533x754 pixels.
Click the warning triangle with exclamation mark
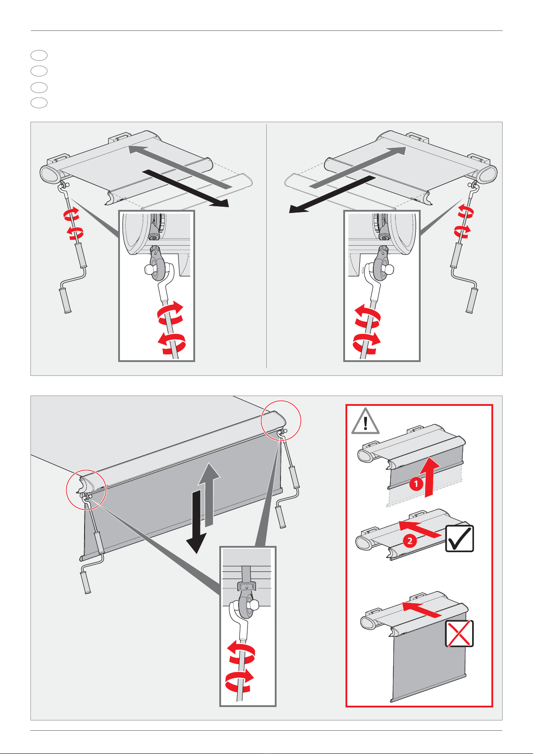tap(365, 422)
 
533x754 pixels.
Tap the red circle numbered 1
tap(416, 484)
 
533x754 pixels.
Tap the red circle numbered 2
tap(410, 541)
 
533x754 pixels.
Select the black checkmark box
tap(459, 538)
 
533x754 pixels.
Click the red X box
tap(459, 634)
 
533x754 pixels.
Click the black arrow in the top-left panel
tap(186, 188)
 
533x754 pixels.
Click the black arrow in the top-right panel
tap(333, 195)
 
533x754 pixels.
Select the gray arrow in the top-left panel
tap(180, 166)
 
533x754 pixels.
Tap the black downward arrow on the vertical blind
tap(196, 521)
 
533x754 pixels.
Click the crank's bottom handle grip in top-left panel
tap(65, 301)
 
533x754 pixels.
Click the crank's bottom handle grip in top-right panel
tap(472, 301)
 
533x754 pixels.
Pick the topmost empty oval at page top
tap(39, 55)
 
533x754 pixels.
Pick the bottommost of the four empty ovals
tap(39, 102)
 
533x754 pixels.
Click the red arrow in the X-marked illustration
tap(422, 609)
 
